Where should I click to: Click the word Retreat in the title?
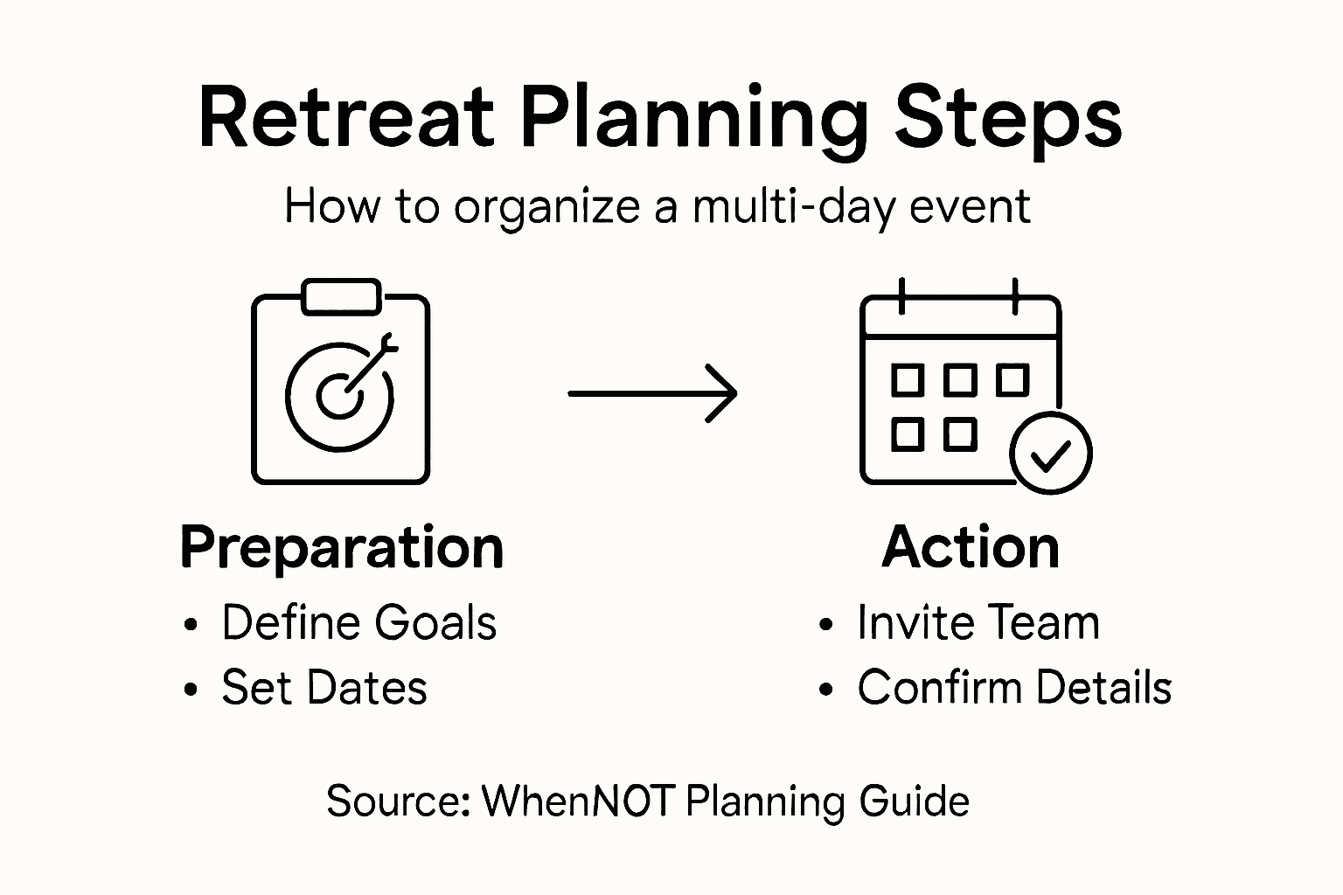pyautogui.click(x=346, y=117)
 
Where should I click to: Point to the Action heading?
pyautogui.click(x=971, y=547)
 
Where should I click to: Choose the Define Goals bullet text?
pyautogui.click(x=359, y=621)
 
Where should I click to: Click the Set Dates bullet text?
pyautogui.click(x=324, y=687)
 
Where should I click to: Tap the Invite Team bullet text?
pyautogui.click(x=978, y=622)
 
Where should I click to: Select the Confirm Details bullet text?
pyautogui.click(x=1014, y=687)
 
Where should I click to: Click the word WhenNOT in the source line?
pyautogui.click(x=579, y=801)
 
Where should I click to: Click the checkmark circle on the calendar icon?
pyautogui.click(x=1050, y=454)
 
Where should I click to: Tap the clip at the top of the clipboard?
pyautogui.click(x=341, y=297)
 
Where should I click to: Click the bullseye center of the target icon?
pyautogui.click(x=339, y=396)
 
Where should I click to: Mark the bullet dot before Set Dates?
pyautogui.click(x=191, y=689)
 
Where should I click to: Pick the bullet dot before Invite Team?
pyautogui.click(x=825, y=624)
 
